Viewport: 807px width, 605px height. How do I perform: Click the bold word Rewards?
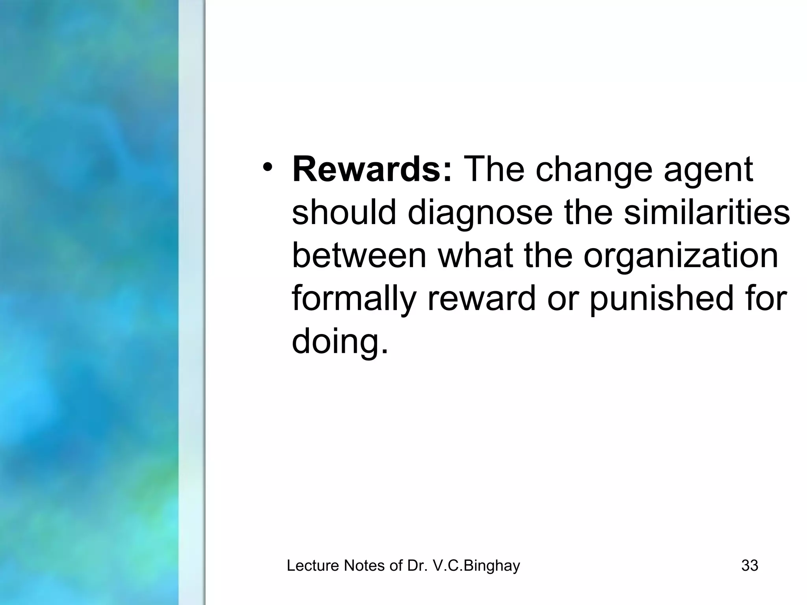click(x=372, y=170)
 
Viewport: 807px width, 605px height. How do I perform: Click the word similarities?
click(x=707, y=213)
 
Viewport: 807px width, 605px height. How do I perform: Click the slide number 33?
click(x=749, y=566)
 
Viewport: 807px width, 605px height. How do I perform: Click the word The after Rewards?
click(x=494, y=170)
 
